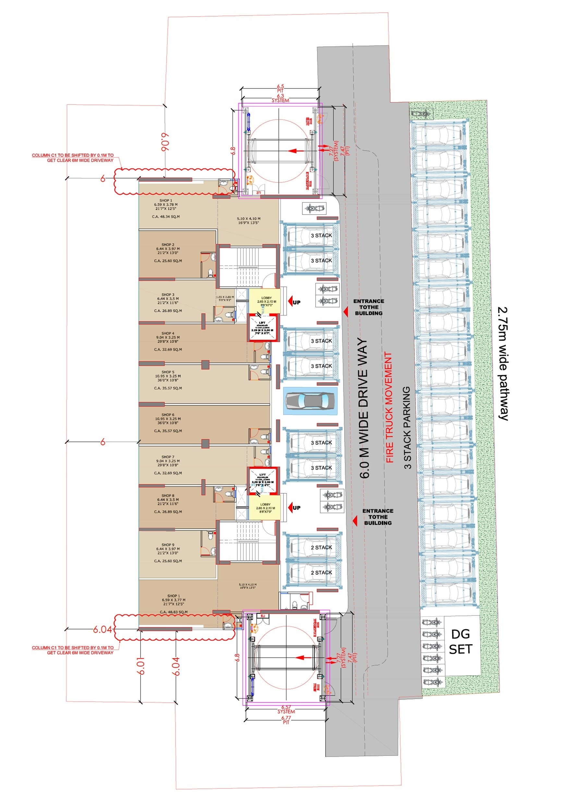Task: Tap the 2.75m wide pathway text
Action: [x=504, y=363]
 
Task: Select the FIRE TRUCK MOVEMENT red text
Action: [x=389, y=408]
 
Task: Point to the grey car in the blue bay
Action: [x=310, y=401]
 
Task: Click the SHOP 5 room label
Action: [x=168, y=372]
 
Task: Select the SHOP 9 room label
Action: [x=168, y=545]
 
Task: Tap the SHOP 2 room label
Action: [x=168, y=245]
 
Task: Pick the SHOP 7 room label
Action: [x=168, y=457]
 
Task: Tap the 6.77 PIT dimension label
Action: [x=286, y=720]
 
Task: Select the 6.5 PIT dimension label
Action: [x=280, y=88]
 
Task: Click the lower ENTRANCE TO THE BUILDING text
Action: [x=377, y=517]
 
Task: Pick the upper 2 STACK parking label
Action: [x=321, y=547]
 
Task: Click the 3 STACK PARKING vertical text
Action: [x=408, y=427]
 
